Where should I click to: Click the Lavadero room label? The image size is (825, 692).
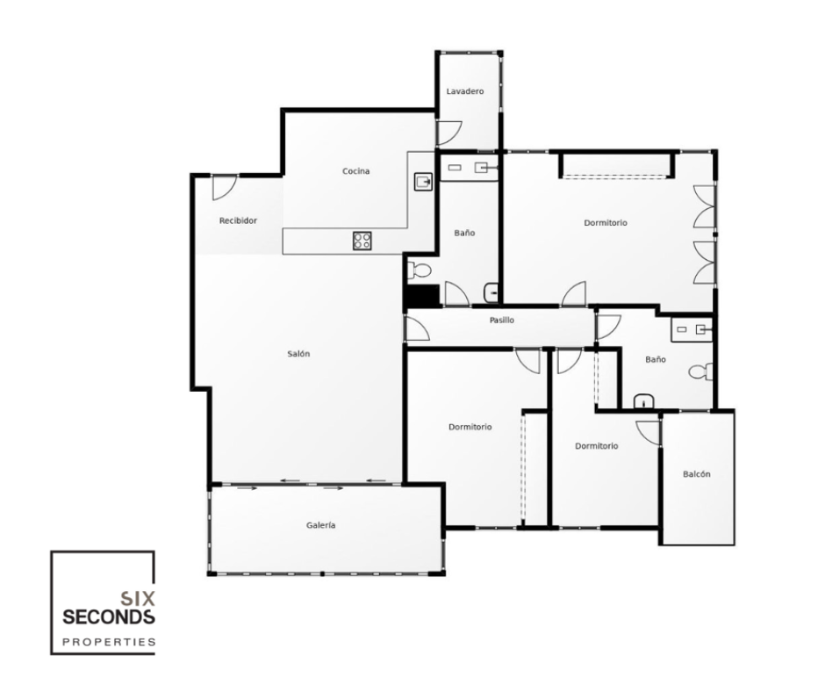[x=464, y=91]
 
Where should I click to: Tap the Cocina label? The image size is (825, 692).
[x=355, y=171]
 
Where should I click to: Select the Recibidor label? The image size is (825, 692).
[x=238, y=221]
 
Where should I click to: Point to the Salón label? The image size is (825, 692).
[x=298, y=354]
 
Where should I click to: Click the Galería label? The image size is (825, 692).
[x=321, y=525]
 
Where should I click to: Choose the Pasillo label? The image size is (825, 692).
[x=501, y=321]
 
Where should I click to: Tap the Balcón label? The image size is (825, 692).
[x=696, y=474]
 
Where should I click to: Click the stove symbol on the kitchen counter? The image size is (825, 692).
[x=362, y=241]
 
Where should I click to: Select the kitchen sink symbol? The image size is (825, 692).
[x=423, y=182]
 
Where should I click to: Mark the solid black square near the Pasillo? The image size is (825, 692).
[x=421, y=297]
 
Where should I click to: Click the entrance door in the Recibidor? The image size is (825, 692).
[x=223, y=186]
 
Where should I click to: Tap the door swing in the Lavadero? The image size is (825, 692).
[x=448, y=133]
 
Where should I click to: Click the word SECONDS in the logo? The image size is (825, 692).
[x=108, y=617]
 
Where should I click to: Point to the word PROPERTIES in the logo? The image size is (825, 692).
[x=108, y=642]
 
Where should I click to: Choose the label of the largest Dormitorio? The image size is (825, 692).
[x=606, y=223]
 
